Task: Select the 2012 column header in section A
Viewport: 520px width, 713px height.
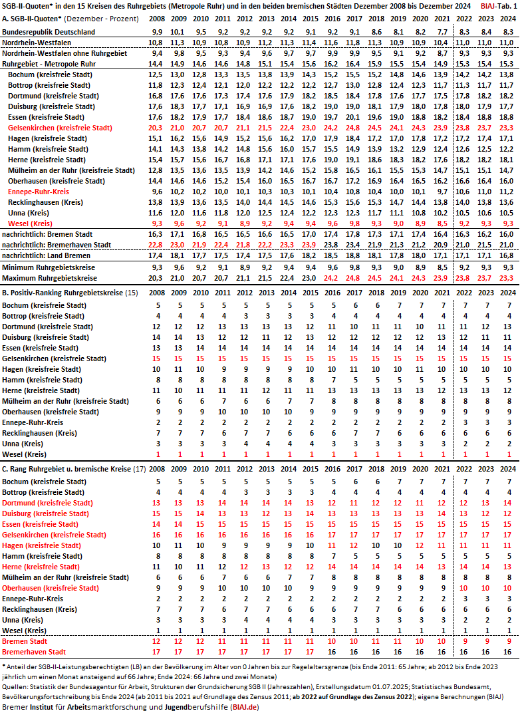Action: (x=244, y=18)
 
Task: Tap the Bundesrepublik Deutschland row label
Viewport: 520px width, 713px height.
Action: (x=49, y=32)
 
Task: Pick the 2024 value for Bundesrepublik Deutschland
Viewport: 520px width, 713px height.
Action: (x=507, y=32)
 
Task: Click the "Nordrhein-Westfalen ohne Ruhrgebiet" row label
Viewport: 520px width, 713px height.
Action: (x=63, y=53)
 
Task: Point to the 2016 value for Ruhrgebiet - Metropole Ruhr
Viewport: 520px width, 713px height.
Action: (x=330, y=64)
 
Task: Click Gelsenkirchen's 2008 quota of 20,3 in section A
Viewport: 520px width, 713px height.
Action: (x=156, y=128)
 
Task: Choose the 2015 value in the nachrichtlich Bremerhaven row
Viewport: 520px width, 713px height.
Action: (x=309, y=245)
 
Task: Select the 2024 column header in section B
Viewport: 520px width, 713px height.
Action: (x=507, y=293)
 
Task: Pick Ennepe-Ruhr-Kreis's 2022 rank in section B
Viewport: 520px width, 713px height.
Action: (x=464, y=422)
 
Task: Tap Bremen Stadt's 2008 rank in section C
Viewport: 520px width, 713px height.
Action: (x=156, y=641)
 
